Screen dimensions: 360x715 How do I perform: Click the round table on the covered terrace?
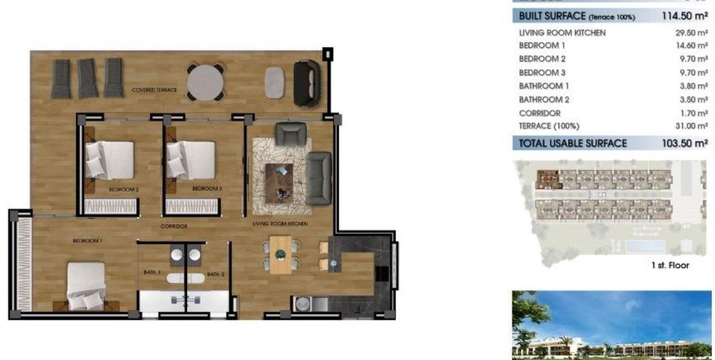(x=205, y=83)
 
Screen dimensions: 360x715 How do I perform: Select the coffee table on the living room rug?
(x=280, y=182)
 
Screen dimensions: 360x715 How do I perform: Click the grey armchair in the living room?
(x=291, y=135)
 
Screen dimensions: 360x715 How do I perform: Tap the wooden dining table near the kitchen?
(x=280, y=254)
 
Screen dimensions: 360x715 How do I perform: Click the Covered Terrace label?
(x=155, y=90)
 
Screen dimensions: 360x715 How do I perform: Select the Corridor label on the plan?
(x=174, y=227)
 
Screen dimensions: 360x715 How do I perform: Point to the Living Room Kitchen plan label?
(x=280, y=224)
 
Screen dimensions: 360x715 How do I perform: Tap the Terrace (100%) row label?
(x=549, y=126)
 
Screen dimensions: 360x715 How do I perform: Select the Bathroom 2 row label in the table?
(x=544, y=100)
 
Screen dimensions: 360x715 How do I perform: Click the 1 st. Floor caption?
(x=670, y=265)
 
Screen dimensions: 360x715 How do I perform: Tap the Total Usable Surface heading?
(x=573, y=143)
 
